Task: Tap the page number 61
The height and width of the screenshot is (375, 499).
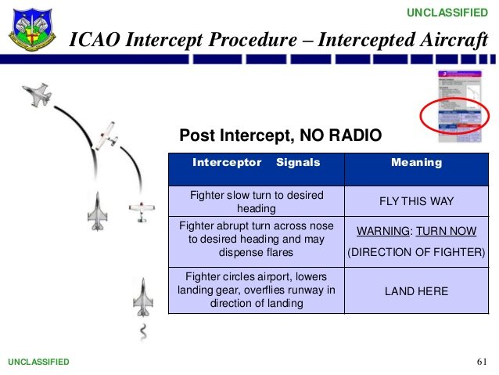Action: coord(481,362)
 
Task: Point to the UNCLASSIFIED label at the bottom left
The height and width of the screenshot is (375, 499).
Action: coord(38,362)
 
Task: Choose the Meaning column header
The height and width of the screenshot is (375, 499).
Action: coord(416,163)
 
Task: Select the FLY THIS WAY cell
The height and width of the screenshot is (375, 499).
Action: coord(416,201)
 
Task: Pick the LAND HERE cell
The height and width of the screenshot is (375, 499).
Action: coord(416,291)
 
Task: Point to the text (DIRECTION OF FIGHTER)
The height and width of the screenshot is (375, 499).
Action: coord(416,252)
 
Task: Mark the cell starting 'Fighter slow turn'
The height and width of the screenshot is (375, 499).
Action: coord(257,201)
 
